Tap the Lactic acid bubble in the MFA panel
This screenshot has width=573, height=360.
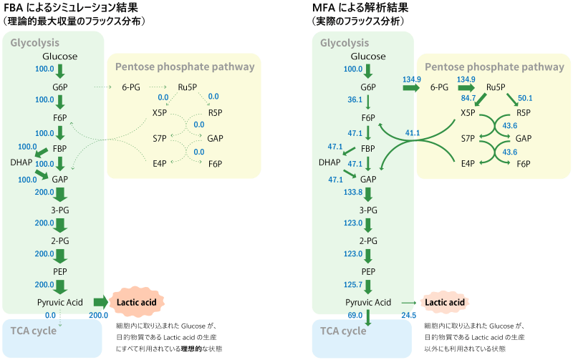pos(445,303)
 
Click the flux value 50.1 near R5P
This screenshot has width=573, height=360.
pos(525,98)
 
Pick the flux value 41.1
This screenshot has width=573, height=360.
pos(412,133)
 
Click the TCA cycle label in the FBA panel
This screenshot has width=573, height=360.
pos(34,331)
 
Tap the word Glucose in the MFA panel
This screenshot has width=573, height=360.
pos(369,57)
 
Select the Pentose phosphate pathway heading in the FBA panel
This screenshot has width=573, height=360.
pos(184,67)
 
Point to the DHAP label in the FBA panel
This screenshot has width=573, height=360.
pos(21,162)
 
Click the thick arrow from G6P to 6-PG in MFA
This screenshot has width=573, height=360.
pos(410,87)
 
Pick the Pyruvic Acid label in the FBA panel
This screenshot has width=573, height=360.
pos(60,303)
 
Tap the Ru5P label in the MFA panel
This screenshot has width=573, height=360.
pos(497,87)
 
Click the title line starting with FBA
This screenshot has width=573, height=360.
pos(72,8)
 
